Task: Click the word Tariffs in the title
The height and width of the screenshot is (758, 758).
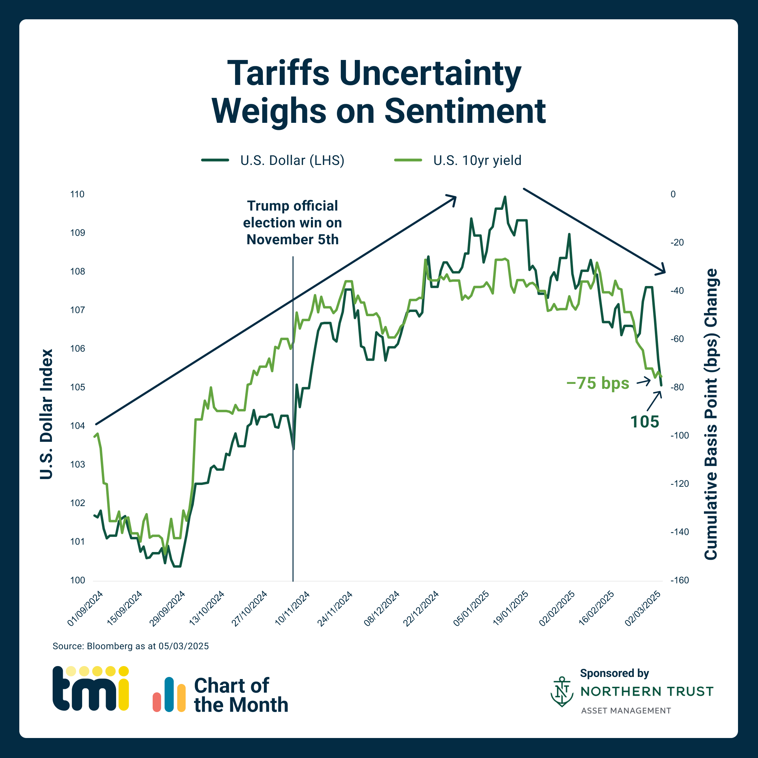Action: [x=278, y=73]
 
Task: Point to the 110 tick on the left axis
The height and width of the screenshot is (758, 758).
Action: [x=77, y=194]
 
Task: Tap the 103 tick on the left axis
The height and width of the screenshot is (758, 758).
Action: [x=77, y=464]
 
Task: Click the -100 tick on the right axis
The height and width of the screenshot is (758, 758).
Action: [x=679, y=435]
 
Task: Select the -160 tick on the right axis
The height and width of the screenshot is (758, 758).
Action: [x=679, y=580]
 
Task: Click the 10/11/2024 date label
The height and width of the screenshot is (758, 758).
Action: [x=292, y=609]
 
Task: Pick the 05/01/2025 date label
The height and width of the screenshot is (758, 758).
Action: [x=471, y=609]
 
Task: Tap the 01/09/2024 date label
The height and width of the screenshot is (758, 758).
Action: [x=85, y=609]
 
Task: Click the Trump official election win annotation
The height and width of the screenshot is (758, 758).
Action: [x=292, y=222]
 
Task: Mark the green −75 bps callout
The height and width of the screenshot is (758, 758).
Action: [x=598, y=383]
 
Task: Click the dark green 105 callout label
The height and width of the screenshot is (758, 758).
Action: [x=645, y=422]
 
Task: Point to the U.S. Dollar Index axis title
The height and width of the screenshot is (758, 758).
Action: [x=46, y=414]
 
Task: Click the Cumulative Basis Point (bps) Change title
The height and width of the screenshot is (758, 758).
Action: [x=711, y=414]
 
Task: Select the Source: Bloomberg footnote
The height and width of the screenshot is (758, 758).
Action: [x=131, y=646]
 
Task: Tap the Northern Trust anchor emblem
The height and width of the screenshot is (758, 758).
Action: [x=562, y=692]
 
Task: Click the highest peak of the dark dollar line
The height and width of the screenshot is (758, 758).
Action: [x=505, y=197]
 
